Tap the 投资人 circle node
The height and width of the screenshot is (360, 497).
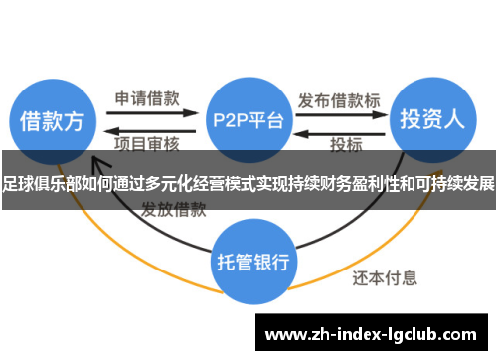(431, 120)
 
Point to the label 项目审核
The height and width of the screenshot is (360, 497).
(146, 144)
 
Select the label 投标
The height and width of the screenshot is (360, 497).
(347, 144)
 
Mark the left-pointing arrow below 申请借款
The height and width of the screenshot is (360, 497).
(149, 129)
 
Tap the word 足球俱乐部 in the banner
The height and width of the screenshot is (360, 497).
(37, 184)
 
